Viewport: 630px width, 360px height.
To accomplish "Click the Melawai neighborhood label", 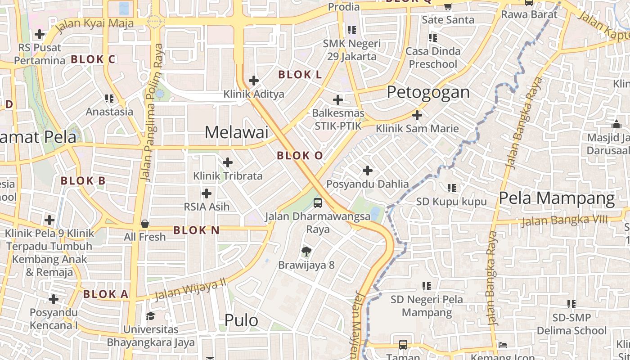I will point(236,132).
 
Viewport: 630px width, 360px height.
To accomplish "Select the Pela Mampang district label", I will point(557,198).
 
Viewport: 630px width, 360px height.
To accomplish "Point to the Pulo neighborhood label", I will point(241,320).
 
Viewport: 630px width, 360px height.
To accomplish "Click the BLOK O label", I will point(300,156).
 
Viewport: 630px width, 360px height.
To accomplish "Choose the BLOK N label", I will point(196,230).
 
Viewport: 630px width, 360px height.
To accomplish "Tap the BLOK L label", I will point(300,75).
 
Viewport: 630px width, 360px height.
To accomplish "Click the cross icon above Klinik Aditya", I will point(254,81).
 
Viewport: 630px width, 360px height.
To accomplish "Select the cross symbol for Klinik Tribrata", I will point(228,162).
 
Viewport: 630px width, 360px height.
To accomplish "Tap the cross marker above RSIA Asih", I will point(207,193).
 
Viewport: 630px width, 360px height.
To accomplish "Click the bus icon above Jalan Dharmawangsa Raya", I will point(318,202).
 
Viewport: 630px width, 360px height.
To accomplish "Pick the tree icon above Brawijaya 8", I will point(306,251).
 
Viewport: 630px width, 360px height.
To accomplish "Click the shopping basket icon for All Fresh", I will point(145,224).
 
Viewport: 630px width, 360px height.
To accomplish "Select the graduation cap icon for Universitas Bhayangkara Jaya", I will point(150,316).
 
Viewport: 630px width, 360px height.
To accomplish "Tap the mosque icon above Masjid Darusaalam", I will point(616,124).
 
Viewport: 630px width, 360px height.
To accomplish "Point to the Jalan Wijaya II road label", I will point(190,290).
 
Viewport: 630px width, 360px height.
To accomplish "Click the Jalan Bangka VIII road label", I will point(565,220).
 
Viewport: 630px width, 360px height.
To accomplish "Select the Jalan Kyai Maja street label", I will point(96,23).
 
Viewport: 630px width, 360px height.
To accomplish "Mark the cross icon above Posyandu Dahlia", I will point(368,171).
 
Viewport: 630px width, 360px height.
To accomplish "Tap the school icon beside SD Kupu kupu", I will point(451,188).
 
